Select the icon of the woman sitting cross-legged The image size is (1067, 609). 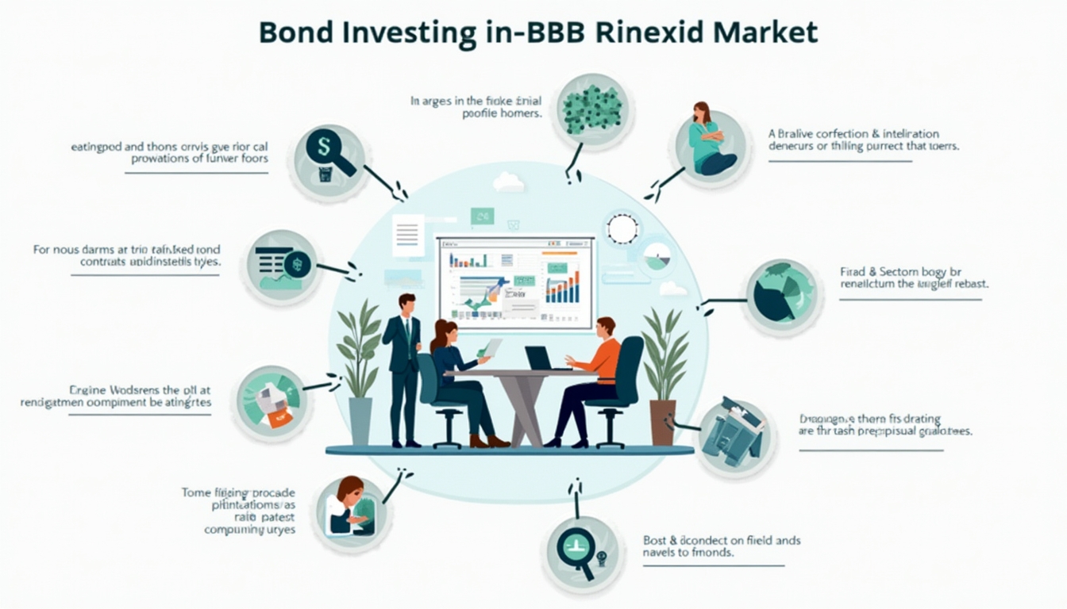point(711,147)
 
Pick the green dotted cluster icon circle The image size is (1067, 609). point(591,109)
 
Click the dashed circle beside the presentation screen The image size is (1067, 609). point(622,229)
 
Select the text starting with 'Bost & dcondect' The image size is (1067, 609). point(721,546)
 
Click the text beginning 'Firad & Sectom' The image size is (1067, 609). point(913,277)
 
